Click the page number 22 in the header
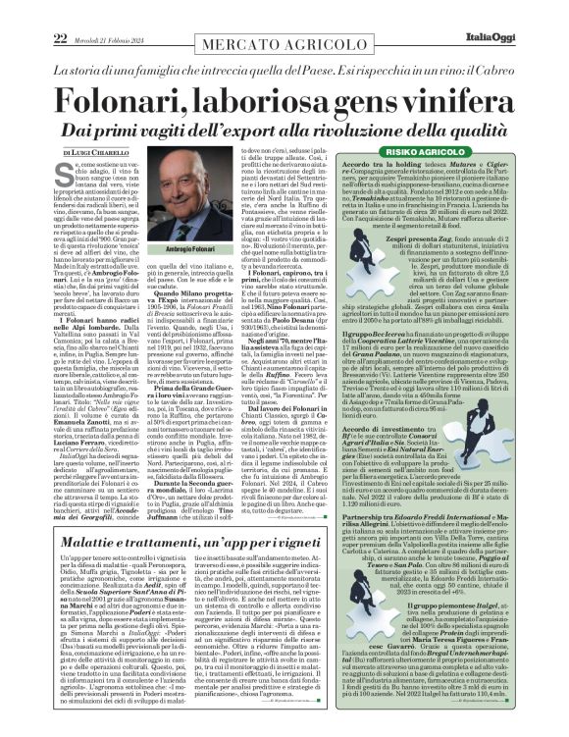coord(16,11)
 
